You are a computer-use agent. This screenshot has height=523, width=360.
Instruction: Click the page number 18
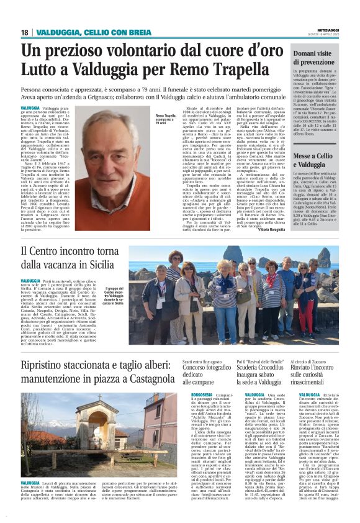(x=25, y=32)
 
